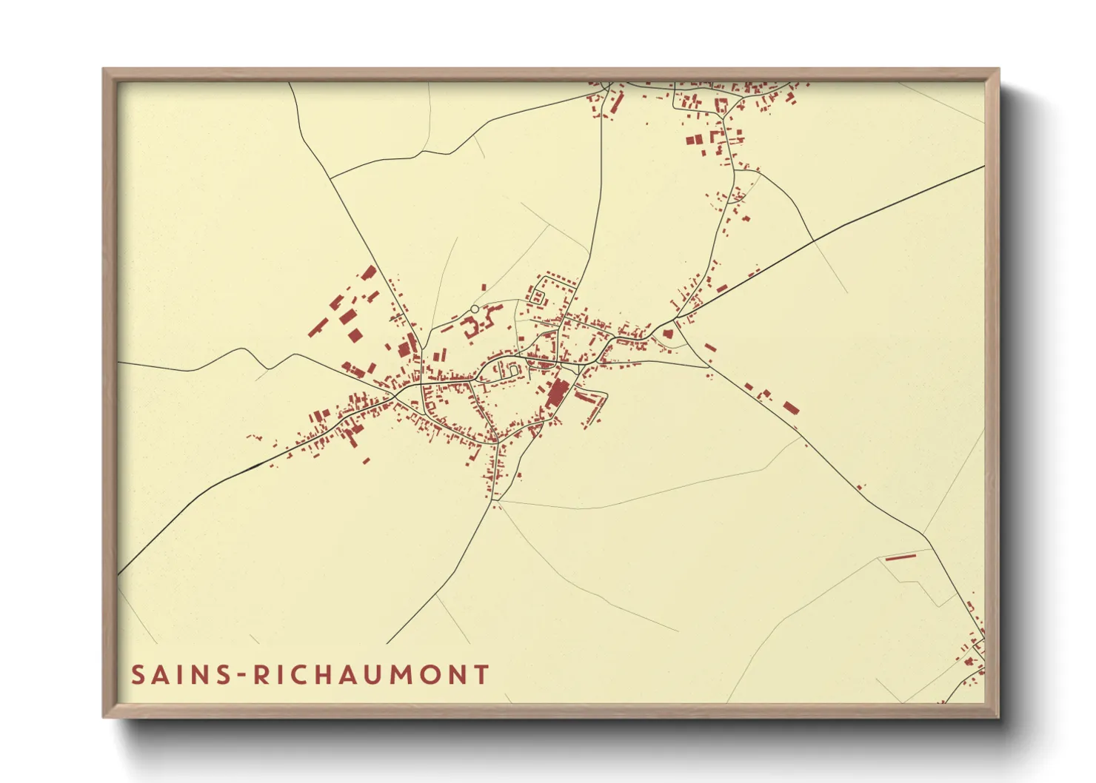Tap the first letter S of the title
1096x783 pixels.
click(138, 675)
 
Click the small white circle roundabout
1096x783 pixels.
click(475, 309)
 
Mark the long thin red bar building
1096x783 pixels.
click(901, 557)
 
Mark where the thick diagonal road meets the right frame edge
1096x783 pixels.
click(983, 167)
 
